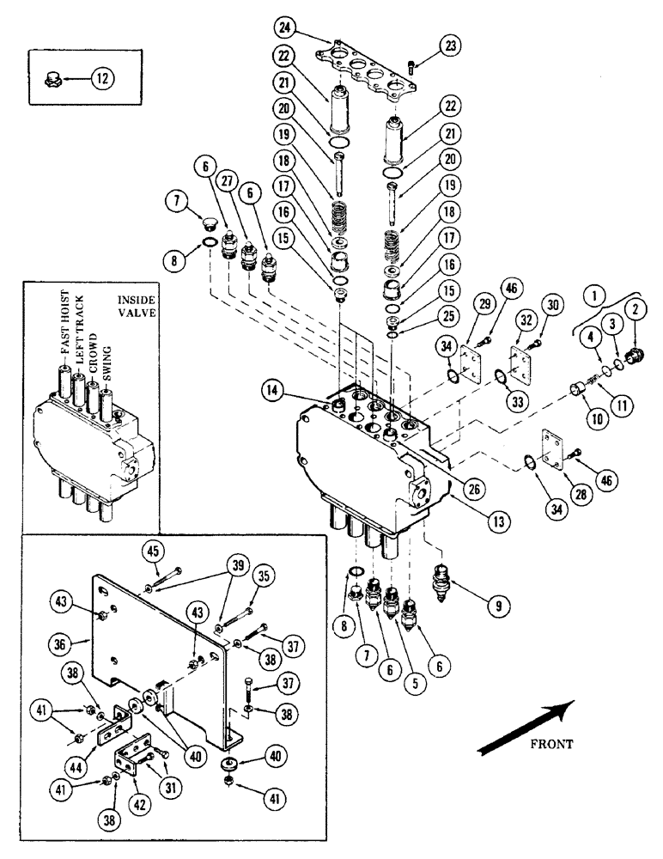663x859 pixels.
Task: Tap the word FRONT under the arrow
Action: pyautogui.click(x=550, y=744)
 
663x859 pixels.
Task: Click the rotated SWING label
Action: pyautogui.click(x=108, y=354)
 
